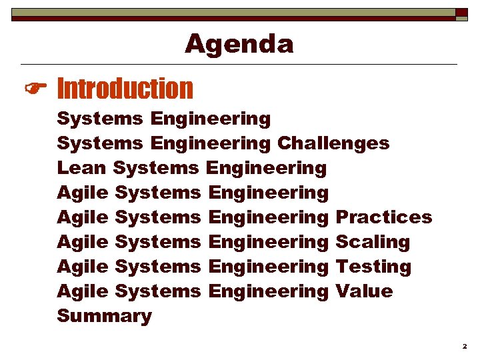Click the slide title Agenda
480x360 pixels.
pyautogui.click(x=239, y=44)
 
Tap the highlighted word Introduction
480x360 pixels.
pyautogui.click(x=125, y=88)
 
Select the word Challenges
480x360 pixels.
pyautogui.click(x=333, y=143)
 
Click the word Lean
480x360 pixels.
pyautogui.click(x=83, y=167)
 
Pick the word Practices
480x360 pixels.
pyautogui.click(x=384, y=217)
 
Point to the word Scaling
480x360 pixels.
pyautogui.click(x=373, y=241)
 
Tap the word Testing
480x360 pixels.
pyautogui.click(x=373, y=266)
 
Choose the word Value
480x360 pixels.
pyautogui.click(x=364, y=291)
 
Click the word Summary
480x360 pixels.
pyautogui.click(x=104, y=315)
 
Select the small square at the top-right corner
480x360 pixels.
pyautogui.click(x=461, y=13)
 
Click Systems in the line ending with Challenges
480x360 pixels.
pyautogui.click(x=100, y=143)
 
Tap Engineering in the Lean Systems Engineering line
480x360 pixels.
pyautogui.click(x=267, y=167)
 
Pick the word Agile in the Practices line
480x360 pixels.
pyautogui.click(x=83, y=217)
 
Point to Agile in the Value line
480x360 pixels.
pyautogui.click(x=83, y=291)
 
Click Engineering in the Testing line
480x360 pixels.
pyautogui.click(x=269, y=266)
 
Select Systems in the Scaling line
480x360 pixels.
pyautogui.click(x=158, y=241)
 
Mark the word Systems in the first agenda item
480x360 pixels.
pyautogui.click(x=100, y=119)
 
